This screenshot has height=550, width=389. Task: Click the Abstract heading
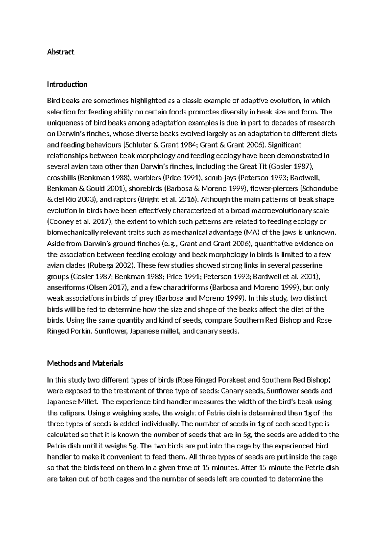(61, 52)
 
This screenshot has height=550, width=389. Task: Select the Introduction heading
(67, 85)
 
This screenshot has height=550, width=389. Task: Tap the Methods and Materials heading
(85, 363)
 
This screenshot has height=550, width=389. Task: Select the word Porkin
(78, 331)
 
